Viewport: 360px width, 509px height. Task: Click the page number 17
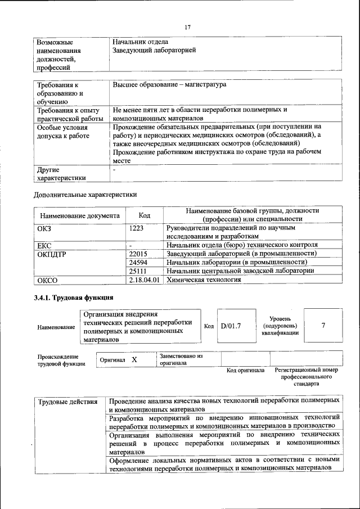point(188,26)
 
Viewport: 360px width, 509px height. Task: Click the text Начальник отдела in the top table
point(140,42)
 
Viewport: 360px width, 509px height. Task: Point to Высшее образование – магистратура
point(169,84)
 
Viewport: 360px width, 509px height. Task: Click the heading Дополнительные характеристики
point(85,195)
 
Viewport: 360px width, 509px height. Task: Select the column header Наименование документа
point(79,215)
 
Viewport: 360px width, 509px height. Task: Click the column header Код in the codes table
point(145,215)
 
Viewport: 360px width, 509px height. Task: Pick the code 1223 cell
point(137,228)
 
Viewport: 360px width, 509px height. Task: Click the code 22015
point(138,254)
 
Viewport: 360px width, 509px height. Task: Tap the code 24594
point(138,262)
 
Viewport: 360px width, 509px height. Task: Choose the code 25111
point(138,271)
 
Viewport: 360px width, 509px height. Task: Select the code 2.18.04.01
point(145,279)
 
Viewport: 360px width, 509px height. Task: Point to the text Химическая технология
point(204,279)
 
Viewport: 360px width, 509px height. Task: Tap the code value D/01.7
point(231,326)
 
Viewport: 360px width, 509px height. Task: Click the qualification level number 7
point(323,326)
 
